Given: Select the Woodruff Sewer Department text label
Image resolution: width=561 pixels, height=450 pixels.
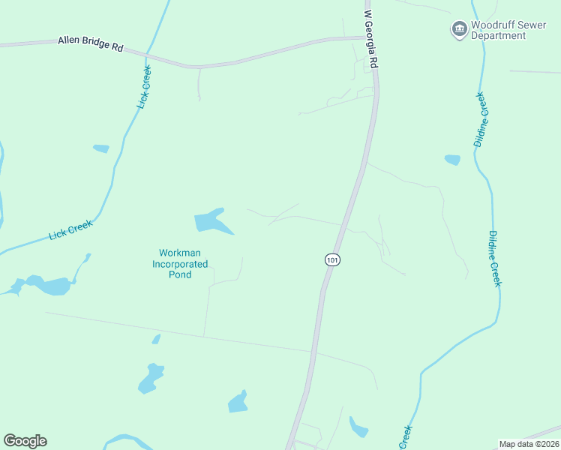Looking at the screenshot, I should [498, 31].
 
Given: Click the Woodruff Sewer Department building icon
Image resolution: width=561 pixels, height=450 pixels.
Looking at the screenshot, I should [458, 30].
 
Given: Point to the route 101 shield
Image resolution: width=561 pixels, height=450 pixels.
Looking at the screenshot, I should [332, 259].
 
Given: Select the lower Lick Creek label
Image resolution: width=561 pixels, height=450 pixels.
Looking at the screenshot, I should [70, 229].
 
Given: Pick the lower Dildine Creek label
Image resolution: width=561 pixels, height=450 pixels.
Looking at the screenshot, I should [494, 258].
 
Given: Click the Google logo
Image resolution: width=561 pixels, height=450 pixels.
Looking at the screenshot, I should [25, 441].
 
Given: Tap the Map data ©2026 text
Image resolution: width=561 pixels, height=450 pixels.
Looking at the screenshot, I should [529, 444].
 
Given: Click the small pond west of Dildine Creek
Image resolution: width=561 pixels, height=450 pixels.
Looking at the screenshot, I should [452, 159].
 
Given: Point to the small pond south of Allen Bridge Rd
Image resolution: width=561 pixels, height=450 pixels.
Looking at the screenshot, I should [100, 148].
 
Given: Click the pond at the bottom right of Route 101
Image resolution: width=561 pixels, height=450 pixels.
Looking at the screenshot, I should [358, 427].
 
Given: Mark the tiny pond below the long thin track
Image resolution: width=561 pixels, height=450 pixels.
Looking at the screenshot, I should [156, 339].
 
